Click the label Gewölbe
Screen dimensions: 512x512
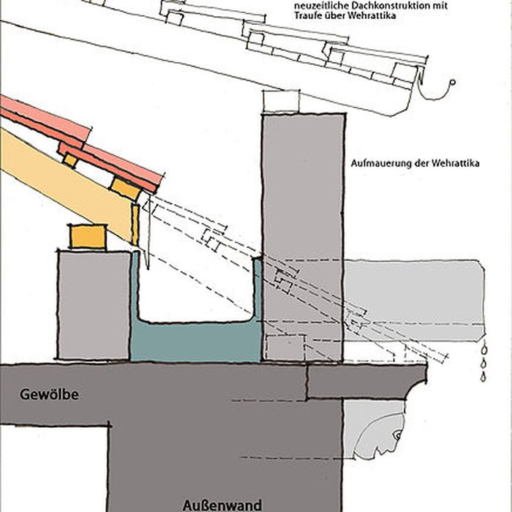tap(49, 394)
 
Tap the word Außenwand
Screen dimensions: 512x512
tap(222, 505)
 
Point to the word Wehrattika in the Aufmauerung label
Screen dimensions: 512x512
tap(455, 163)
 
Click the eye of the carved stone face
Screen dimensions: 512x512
tap(397, 435)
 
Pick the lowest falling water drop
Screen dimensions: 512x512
tap(483, 377)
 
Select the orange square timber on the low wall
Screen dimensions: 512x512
tap(89, 237)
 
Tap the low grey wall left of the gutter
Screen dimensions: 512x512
tap(94, 305)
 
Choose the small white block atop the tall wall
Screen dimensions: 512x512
tap(281, 101)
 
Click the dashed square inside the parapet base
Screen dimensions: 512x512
tap(285, 348)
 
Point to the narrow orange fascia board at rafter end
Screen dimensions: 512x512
tap(135, 225)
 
